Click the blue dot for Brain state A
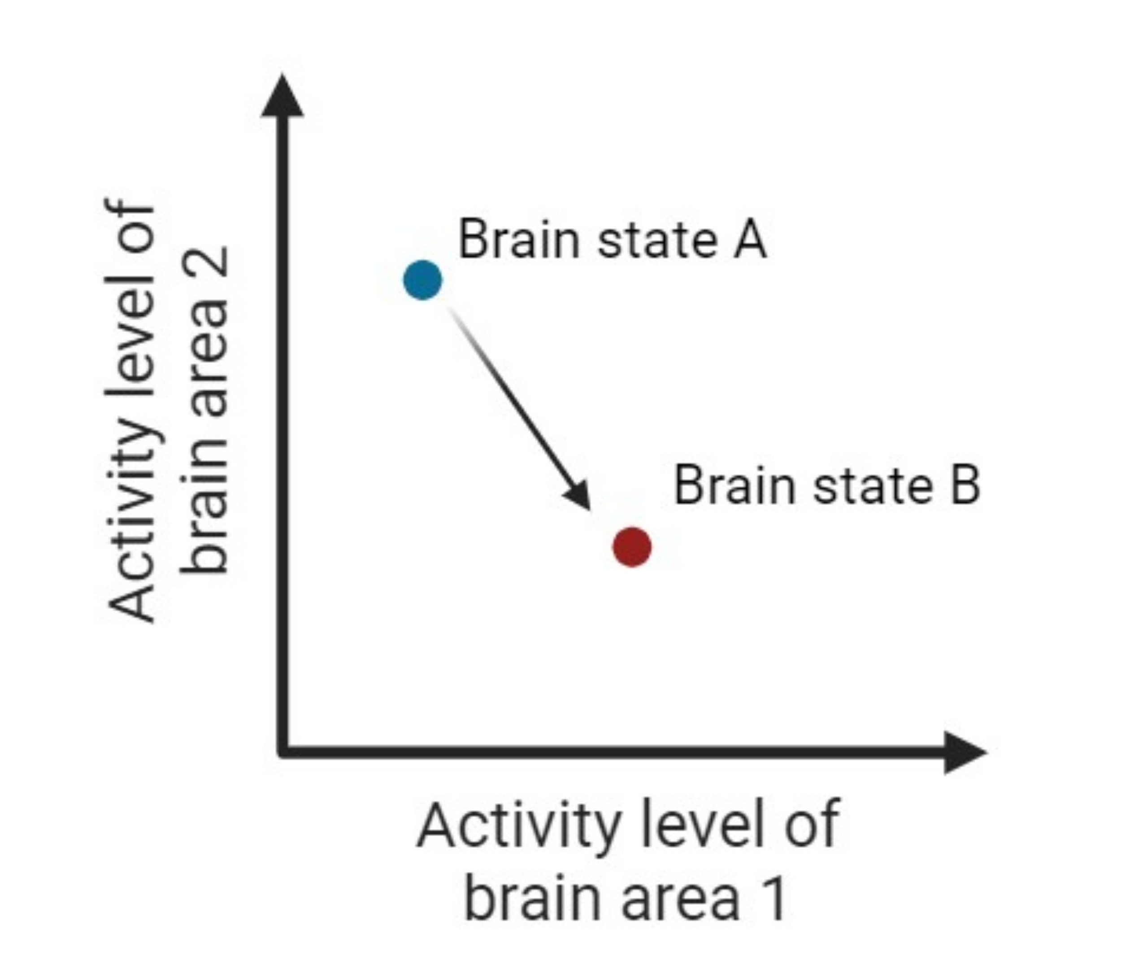click(x=422, y=280)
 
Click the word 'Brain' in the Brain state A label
click(x=519, y=240)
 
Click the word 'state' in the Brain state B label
click(x=873, y=485)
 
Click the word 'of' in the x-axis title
click(x=811, y=825)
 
